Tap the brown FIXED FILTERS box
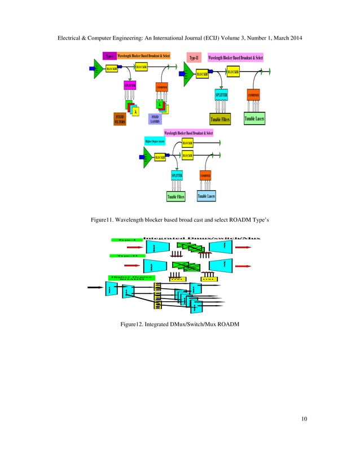(x=120, y=118)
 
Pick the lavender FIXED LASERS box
(x=155, y=118)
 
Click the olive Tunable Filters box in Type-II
(x=221, y=119)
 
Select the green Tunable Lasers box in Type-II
(x=254, y=118)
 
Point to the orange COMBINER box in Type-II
(x=253, y=95)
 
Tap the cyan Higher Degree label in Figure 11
(x=155, y=142)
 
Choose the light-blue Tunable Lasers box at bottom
(x=206, y=196)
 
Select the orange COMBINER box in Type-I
(x=162, y=87)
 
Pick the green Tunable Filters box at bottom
(x=176, y=196)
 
